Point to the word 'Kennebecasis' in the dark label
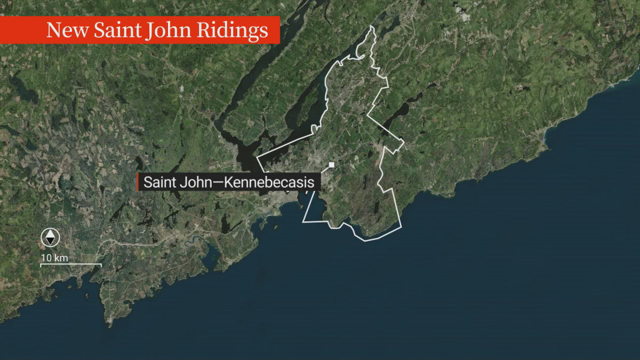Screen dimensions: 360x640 pos(269,182)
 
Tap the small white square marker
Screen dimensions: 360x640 pos(331,165)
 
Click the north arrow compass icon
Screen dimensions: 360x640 pos(50,238)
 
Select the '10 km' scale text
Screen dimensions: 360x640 pos(54,258)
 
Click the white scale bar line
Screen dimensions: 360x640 pos(71,265)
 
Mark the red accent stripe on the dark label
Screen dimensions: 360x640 pos(138,182)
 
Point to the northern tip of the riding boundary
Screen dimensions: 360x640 pos(372,26)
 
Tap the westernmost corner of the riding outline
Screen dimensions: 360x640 pos(257,158)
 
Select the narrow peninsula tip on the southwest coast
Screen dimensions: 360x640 pos(110,322)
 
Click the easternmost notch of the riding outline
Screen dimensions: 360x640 pos(403,143)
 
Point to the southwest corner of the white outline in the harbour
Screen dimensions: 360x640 pos(303,221)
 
